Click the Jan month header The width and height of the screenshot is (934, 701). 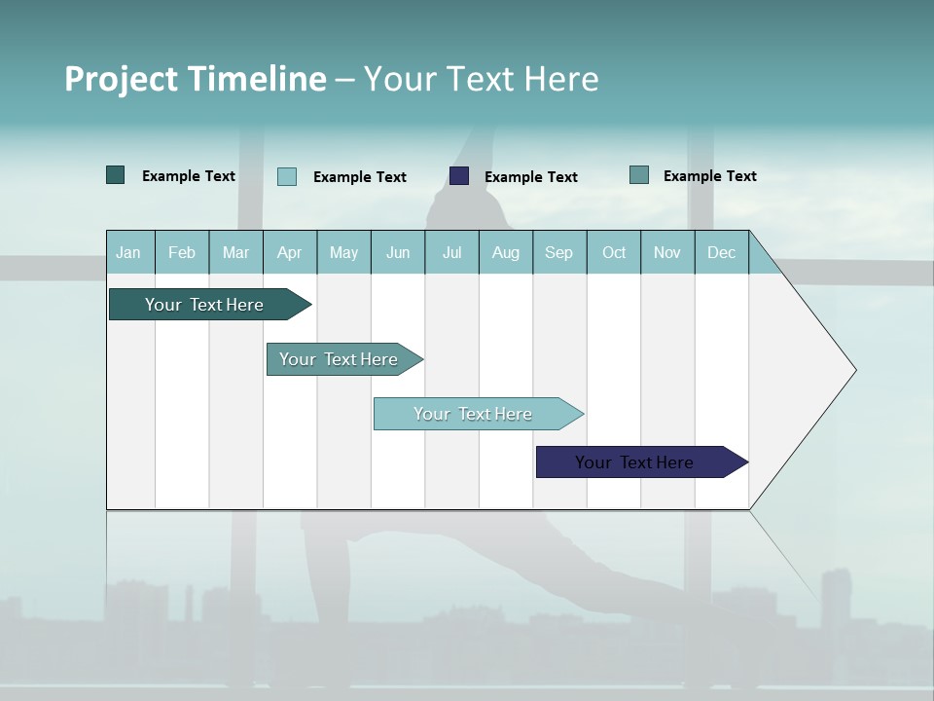[128, 252]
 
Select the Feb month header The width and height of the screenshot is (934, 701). [182, 252]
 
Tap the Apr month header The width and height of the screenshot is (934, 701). [290, 252]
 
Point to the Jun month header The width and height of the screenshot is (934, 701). [398, 252]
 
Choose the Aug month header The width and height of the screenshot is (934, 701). [506, 252]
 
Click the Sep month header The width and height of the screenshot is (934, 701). [559, 252]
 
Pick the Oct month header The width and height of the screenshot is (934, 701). [614, 252]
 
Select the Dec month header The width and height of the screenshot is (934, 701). [722, 252]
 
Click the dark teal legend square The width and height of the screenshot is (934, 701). [116, 175]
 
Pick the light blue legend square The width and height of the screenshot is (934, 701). [287, 176]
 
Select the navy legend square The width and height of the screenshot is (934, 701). [459, 176]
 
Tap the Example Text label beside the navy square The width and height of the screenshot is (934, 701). [531, 177]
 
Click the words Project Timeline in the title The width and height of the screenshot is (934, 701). [196, 79]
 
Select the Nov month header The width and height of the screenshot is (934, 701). [667, 252]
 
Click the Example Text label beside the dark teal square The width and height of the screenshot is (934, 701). [189, 176]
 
